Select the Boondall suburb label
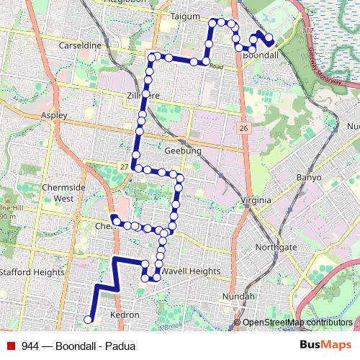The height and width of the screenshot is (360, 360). (x=261, y=54)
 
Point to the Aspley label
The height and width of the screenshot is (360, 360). (x=54, y=115)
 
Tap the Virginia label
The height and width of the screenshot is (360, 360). (x=256, y=199)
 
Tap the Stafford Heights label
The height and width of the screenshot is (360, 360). (x=32, y=271)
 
